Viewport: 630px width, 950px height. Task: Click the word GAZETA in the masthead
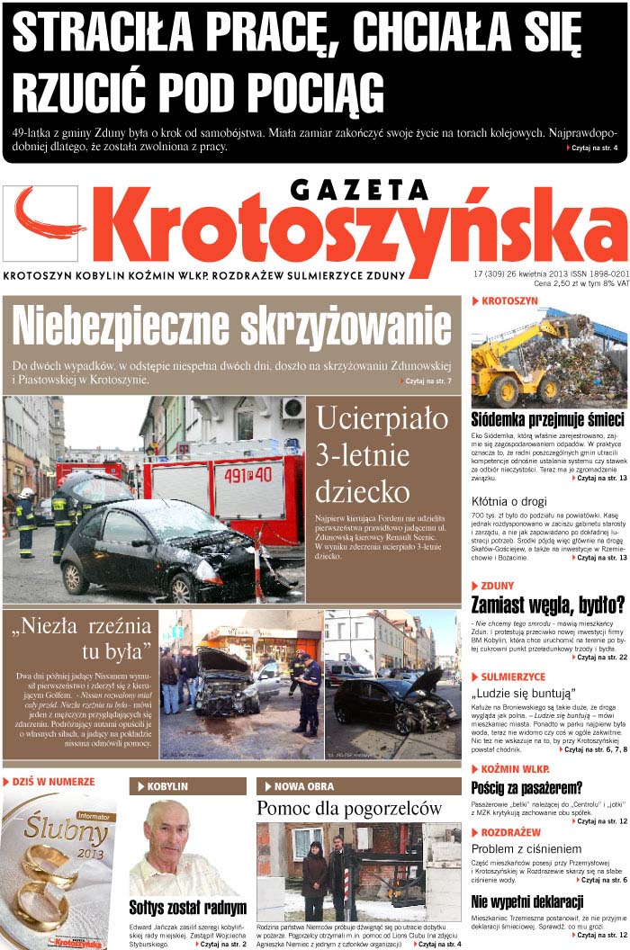coord(359,191)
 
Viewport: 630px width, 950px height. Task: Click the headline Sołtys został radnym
coord(187,908)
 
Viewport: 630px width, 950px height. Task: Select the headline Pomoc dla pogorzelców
coord(349,809)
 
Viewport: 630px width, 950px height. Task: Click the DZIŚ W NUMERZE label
coord(53,782)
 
